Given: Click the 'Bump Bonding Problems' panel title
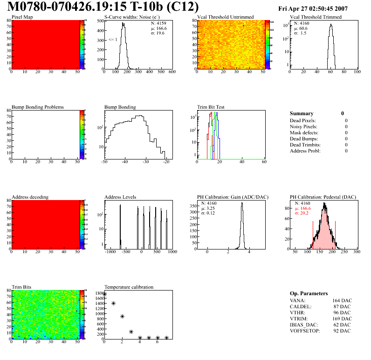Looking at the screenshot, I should [x=38, y=107].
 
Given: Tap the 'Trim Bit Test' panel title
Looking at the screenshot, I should [x=211, y=107].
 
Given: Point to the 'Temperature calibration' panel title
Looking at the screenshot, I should [x=129, y=287].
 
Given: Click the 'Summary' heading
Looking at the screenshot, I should [x=302, y=113].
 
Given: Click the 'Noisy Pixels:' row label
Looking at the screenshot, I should [x=303, y=126].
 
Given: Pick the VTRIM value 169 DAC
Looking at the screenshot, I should [x=343, y=318].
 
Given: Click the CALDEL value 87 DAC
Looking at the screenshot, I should [x=344, y=306].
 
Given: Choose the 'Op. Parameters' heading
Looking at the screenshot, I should [x=309, y=293].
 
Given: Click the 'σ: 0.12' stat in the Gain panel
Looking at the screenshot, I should [x=211, y=213].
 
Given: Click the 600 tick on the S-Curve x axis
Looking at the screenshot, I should [x=172, y=72].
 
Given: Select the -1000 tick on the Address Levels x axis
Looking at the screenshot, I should [x=110, y=252].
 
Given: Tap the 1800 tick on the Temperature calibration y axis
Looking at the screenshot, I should [x=99, y=293].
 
